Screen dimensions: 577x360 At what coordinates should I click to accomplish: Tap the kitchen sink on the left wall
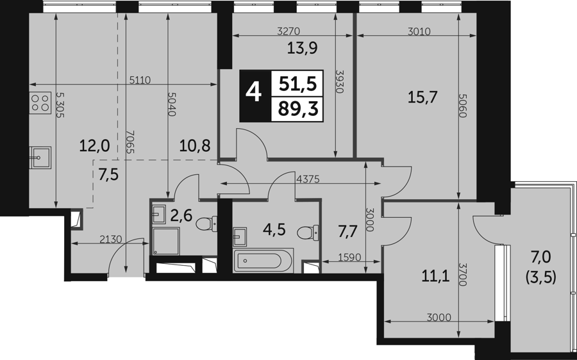40,157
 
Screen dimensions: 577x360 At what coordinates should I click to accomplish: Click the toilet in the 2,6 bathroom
207,223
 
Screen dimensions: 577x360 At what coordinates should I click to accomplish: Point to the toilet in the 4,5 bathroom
308,233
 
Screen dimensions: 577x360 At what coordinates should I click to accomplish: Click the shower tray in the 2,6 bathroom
166,241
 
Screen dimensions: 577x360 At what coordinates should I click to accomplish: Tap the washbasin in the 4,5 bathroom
240,236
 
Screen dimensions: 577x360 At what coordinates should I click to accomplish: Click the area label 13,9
303,48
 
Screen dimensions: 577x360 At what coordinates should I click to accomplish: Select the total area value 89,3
297,109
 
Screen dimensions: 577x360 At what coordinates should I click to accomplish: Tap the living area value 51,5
297,84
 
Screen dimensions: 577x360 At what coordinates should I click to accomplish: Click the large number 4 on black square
254,92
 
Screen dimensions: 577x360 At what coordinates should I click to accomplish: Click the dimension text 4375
308,179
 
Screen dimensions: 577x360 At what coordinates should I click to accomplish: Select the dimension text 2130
111,240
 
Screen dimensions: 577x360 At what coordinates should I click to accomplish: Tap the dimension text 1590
349,257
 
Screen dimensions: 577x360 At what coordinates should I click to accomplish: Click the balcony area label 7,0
540,257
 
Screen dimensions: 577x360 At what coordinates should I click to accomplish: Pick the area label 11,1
436,276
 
